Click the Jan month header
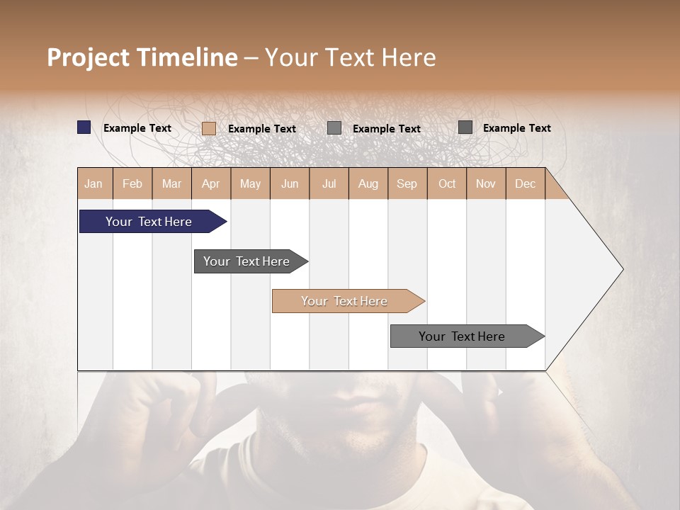(x=93, y=184)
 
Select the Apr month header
(x=210, y=184)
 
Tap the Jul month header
(x=329, y=184)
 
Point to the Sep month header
(x=407, y=184)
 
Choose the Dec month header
(x=525, y=184)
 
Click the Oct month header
(x=446, y=184)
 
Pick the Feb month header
(x=132, y=184)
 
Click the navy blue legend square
(x=84, y=127)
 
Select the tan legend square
(x=209, y=128)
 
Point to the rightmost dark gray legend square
(x=465, y=127)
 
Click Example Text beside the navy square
(x=137, y=128)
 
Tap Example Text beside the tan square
(x=262, y=129)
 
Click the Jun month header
(x=290, y=184)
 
